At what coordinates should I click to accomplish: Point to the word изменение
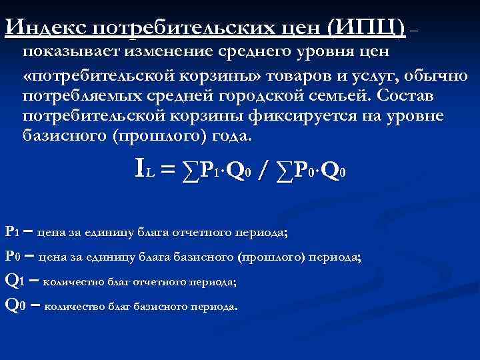[176, 53]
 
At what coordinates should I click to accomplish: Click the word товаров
[284, 74]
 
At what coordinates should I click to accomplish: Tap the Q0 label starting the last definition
[14, 305]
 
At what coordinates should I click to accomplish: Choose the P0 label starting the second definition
[12, 256]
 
